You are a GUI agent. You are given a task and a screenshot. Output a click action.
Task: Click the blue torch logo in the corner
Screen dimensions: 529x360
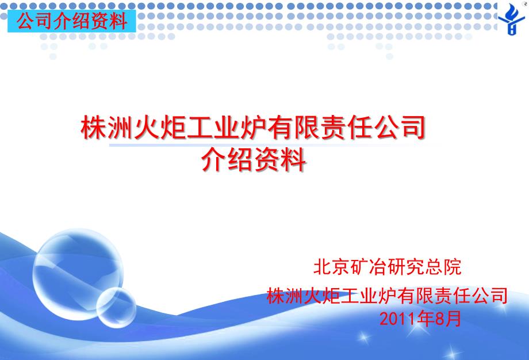pyautogui.click(x=512, y=19)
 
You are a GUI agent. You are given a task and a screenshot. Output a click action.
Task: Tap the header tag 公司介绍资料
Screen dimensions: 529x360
pyautogui.click(x=72, y=21)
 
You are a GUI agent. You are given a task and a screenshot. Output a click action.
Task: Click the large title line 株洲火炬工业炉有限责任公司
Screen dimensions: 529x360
pyautogui.click(x=252, y=128)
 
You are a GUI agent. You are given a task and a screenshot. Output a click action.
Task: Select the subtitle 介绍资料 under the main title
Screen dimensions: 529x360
pyautogui.click(x=254, y=159)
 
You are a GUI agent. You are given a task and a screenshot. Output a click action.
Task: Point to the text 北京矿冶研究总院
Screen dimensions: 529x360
pyautogui.click(x=387, y=267)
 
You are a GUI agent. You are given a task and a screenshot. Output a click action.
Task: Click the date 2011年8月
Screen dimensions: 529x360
pyautogui.click(x=420, y=319)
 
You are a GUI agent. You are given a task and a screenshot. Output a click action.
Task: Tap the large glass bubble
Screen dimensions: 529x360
pyautogui.click(x=78, y=274)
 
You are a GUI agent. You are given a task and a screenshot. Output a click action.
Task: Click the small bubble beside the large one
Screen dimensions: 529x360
pyautogui.click(x=116, y=307)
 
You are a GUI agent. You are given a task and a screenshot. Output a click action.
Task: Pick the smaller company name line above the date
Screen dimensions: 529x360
pyautogui.click(x=387, y=296)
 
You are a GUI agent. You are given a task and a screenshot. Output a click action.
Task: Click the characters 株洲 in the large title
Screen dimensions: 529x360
pyautogui.click(x=106, y=128)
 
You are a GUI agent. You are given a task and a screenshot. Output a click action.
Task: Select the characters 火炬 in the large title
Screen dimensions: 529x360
pyautogui.click(x=160, y=128)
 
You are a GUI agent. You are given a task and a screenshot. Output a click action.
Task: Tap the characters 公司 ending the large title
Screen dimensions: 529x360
pyautogui.click(x=400, y=128)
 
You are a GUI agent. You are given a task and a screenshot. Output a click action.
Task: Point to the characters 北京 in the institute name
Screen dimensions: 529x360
pyautogui.click(x=332, y=267)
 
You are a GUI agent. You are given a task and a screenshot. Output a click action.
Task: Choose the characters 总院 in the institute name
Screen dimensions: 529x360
pyautogui.click(x=443, y=267)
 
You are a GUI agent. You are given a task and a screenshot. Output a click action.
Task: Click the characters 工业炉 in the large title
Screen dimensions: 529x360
pyautogui.click(x=227, y=128)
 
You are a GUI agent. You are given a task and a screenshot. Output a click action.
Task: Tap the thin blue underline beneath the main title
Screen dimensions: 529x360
pyautogui.click(x=275, y=145)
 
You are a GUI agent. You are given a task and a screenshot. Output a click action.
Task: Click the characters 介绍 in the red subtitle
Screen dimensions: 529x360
pyautogui.click(x=227, y=159)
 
